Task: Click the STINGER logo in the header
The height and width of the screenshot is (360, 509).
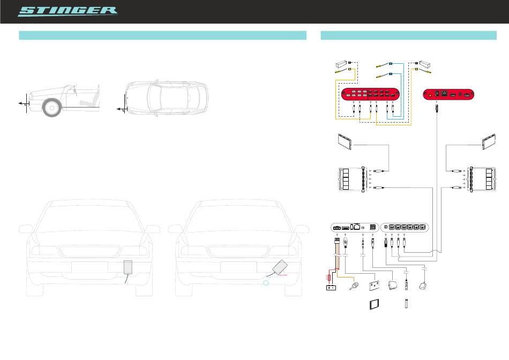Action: coord(68,11)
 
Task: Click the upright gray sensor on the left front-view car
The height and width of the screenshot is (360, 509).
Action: coord(128,267)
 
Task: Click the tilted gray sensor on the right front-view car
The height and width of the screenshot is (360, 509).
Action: coord(280,267)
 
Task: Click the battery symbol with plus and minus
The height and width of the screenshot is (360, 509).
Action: coord(332,288)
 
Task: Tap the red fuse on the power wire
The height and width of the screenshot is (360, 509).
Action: coord(328,277)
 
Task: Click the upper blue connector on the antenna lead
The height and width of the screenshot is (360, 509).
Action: coord(391,63)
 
